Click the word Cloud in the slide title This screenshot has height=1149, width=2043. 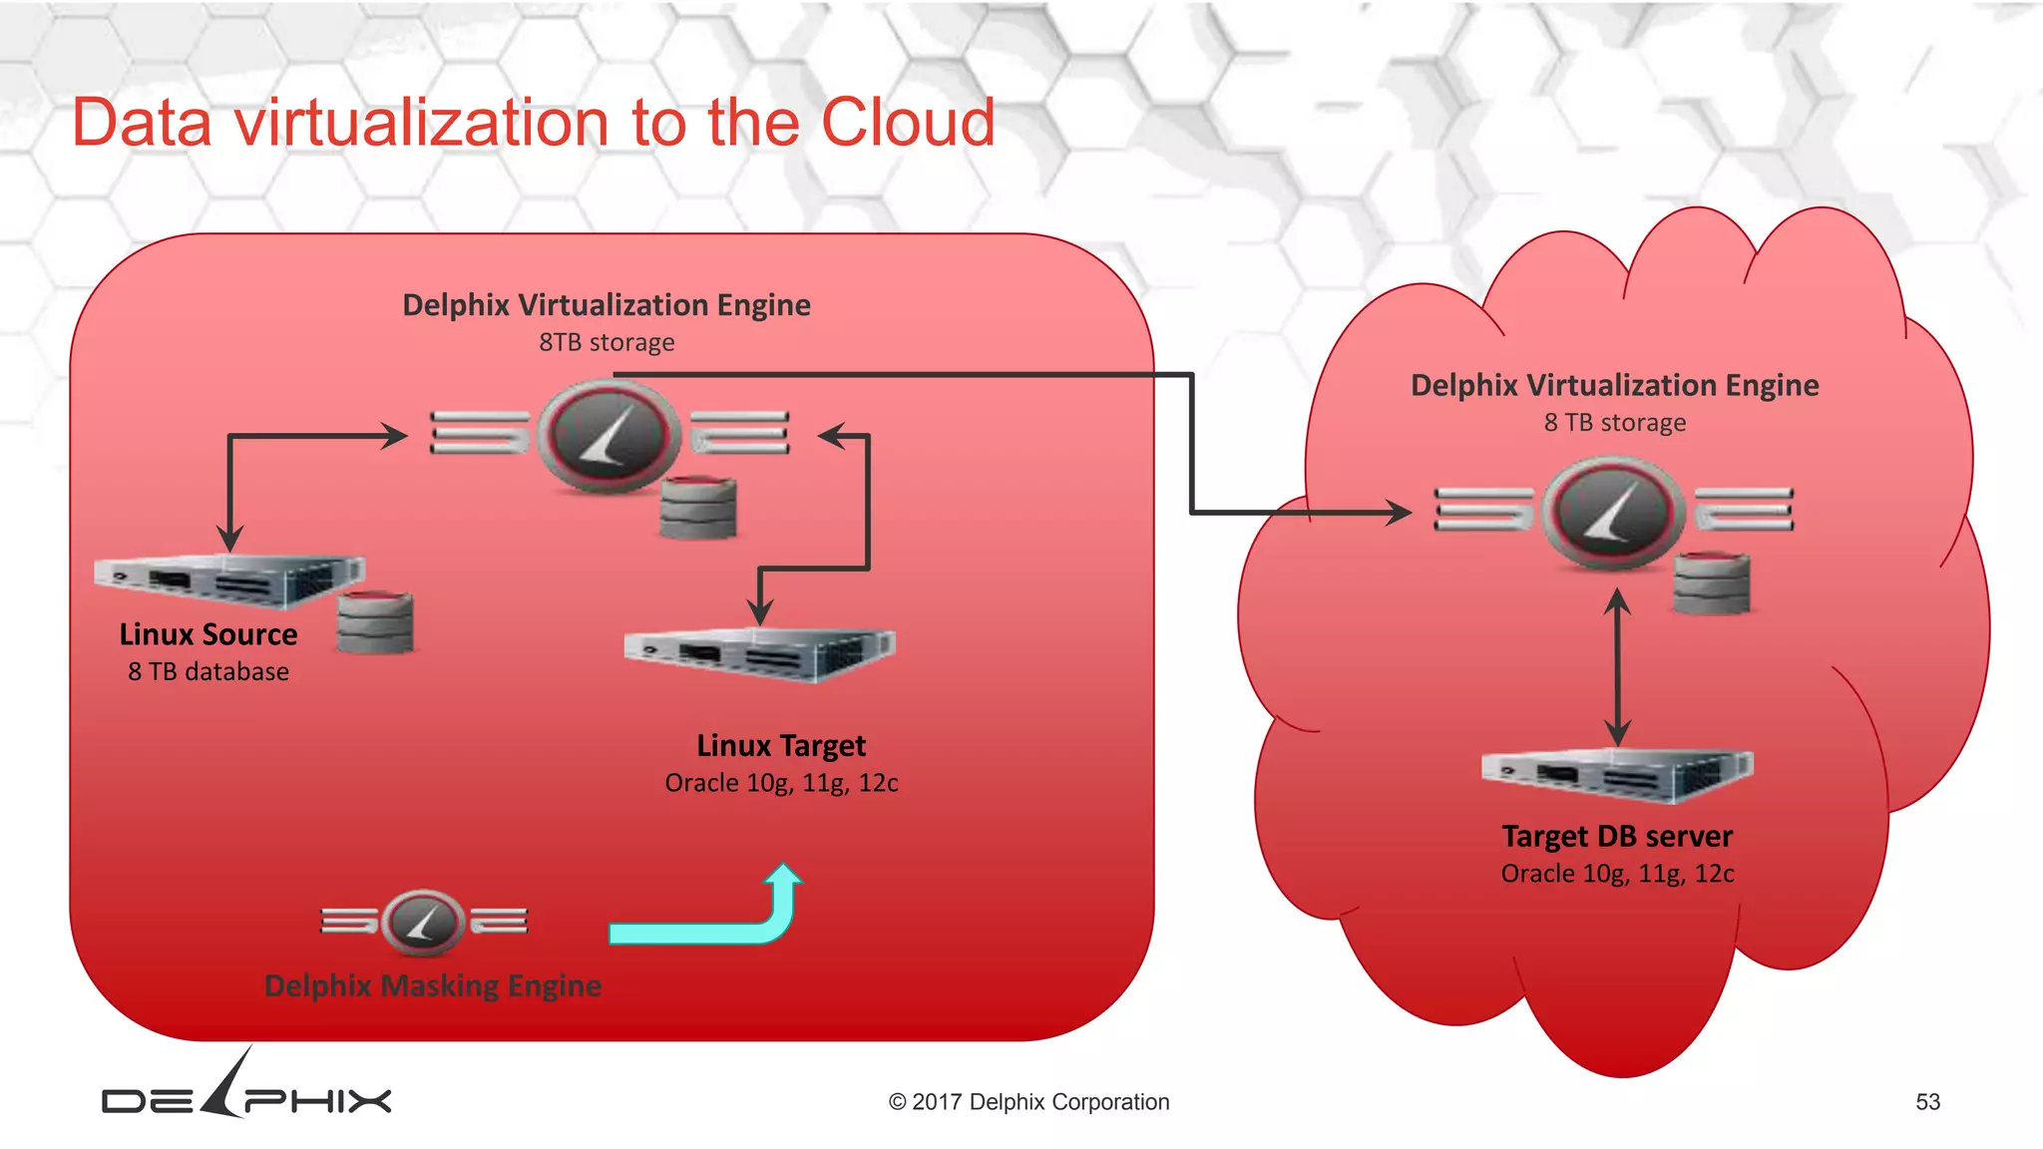click(x=907, y=124)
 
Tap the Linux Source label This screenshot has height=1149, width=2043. click(x=208, y=634)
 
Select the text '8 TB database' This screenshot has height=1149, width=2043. click(x=208, y=672)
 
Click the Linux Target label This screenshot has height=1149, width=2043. click(x=781, y=746)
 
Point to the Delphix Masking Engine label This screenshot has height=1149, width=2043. click(x=433, y=985)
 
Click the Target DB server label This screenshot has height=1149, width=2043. click(x=1617, y=836)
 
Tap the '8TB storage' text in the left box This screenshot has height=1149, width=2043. click(x=607, y=343)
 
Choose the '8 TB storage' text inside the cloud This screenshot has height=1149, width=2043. click(x=1615, y=423)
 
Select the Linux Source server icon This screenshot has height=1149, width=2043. click(x=229, y=580)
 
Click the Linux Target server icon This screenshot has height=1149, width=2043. click(x=760, y=653)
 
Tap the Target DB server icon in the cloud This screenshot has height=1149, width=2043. click(x=1617, y=775)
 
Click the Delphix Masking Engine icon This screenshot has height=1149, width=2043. click(x=423, y=922)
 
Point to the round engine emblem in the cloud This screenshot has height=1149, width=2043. click(x=1613, y=513)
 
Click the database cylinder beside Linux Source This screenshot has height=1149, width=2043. click(x=375, y=621)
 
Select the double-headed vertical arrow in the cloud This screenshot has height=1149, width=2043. click(x=1617, y=666)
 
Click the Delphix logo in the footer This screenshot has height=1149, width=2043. click(x=246, y=1093)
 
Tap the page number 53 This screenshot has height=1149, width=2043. click(x=1927, y=1102)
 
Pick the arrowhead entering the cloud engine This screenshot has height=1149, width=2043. click(x=1399, y=513)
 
